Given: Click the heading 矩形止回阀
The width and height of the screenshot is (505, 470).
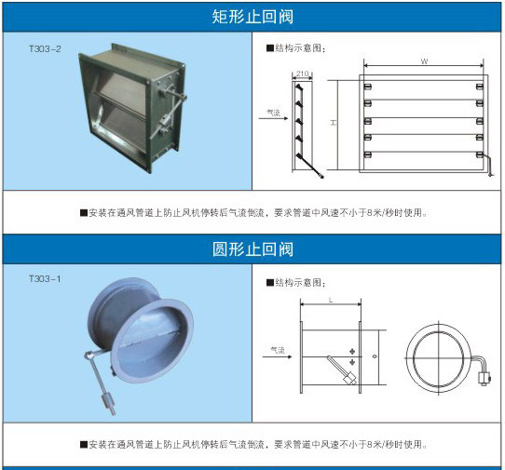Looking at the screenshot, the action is tap(252, 17).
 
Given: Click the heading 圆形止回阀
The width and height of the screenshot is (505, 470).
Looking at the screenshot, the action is tap(252, 249).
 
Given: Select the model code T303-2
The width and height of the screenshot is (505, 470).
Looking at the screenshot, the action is tap(45, 49).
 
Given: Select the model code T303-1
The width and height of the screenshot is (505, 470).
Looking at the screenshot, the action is tap(45, 278).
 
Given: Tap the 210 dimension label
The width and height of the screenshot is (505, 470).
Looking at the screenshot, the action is tap(302, 74).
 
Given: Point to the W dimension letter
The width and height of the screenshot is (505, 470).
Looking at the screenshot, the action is tap(424, 61).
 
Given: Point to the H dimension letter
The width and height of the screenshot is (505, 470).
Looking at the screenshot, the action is tap(334, 123).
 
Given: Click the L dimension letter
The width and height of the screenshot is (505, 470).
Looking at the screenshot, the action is tap(331, 300).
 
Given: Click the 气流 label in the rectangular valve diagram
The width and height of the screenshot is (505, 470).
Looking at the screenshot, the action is tap(273, 113).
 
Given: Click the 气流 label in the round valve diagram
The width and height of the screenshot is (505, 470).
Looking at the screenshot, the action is tap(278, 350).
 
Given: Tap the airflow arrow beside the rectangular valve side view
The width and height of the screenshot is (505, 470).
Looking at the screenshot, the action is tap(273, 118).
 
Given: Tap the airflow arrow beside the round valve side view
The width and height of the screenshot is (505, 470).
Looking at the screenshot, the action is tap(278, 356).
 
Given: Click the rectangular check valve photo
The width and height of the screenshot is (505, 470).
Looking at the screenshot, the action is tap(132, 108).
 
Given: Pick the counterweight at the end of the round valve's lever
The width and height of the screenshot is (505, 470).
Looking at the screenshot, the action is tap(108, 403).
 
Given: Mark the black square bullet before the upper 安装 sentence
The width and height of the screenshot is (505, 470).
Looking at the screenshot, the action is tap(84, 212).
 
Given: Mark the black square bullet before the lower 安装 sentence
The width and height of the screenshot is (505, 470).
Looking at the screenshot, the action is tap(84, 445).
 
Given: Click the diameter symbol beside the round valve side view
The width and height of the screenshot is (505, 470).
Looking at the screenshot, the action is tap(375, 356).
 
